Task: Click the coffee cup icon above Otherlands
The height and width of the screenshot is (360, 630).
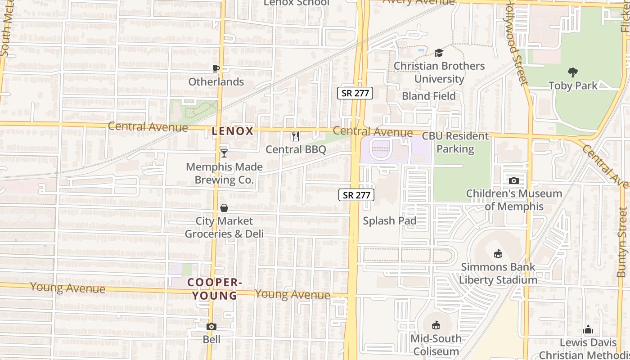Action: coord(216,68)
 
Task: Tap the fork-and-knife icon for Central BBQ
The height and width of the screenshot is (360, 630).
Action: coord(296,136)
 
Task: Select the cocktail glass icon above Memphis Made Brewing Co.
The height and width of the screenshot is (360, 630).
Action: coord(224,153)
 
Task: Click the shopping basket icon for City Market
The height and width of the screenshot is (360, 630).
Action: coord(224,207)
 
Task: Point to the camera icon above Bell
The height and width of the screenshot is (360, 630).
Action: coord(211,326)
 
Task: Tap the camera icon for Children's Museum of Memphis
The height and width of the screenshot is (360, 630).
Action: coord(514,180)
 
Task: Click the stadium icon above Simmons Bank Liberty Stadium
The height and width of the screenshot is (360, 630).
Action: coord(498,254)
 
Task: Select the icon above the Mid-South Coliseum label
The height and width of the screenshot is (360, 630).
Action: coord(436,325)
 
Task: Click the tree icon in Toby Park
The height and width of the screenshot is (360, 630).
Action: coord(573,72)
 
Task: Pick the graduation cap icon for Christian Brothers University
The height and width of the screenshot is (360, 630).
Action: coord(439,53)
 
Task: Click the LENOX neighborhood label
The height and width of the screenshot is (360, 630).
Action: coord(233,131)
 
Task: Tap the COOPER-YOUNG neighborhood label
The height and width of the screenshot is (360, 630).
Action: coord(212,289)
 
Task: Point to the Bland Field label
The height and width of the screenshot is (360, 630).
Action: coord(428,96)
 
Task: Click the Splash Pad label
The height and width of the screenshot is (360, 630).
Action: coord(389,220)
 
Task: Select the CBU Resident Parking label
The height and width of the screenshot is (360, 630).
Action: coord(455,142)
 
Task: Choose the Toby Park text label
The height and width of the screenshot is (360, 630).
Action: coord(573,85)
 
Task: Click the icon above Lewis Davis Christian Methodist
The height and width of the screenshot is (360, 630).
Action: coord(588,330)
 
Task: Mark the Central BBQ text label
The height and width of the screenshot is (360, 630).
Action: coord(296,149)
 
